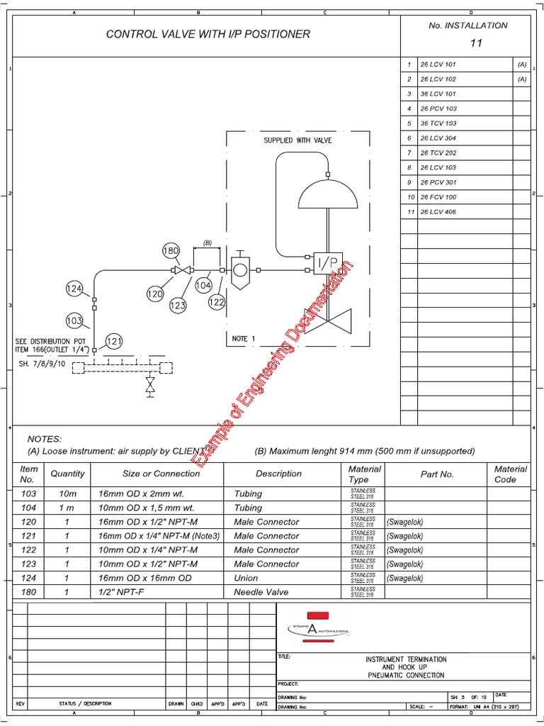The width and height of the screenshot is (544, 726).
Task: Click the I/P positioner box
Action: coord(327,263)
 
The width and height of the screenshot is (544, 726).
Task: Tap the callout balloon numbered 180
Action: coord(171,250)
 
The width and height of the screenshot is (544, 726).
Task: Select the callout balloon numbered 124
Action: coord(74,289)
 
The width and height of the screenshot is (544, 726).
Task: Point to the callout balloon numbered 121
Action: coord(114,342)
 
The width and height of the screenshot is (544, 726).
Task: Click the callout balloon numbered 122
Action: coord(217,302)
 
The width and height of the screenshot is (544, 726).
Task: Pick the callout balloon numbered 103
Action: coord(75,320)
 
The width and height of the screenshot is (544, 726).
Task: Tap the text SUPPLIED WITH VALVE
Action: coord(297,140)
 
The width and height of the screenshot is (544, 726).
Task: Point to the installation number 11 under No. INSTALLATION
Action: coord(476,43)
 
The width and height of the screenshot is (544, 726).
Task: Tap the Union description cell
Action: coord(246,578)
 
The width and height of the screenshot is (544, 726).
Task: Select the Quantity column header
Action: coord(67,474)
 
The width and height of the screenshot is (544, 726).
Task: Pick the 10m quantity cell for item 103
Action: coord(67,493)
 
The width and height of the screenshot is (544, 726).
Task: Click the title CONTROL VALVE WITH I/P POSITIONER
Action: coord(208,33)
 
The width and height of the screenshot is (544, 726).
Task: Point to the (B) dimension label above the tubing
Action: coord(207,242)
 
